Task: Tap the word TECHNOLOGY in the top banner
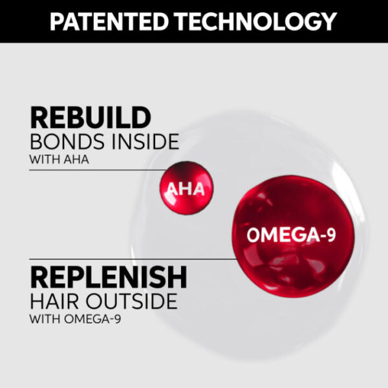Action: (x=254, y=21)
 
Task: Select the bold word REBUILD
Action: (x=91, y=118)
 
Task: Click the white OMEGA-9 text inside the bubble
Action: (x=292, y=235)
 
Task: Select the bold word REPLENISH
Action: (x=109, y=277)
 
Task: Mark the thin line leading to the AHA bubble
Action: (x=97, y=170)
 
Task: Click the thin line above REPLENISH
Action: (x=129, y=259)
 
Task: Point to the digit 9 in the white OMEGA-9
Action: (x=330, y=235)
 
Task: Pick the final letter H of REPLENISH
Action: (x=175, y=277)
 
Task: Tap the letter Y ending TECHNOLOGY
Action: (x=327, y=21)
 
